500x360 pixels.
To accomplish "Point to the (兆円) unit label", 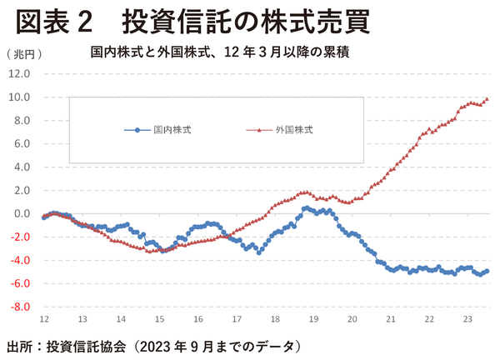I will [x=22, y=54].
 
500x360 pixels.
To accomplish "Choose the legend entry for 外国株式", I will [x=283, y=130].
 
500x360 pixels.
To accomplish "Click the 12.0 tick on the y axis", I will [x=20, y=73].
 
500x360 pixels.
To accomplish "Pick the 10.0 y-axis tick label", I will [x=20, y=97].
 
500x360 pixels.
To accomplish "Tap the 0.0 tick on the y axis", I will [x=22, y=213].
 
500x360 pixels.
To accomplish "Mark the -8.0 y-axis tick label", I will [x=20, y=307].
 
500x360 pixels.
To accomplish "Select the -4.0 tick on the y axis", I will [x=20, y=260].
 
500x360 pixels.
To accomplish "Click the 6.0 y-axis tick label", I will [x=22, y=143].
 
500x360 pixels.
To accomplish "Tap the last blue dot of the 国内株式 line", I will [x=487, y=271].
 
